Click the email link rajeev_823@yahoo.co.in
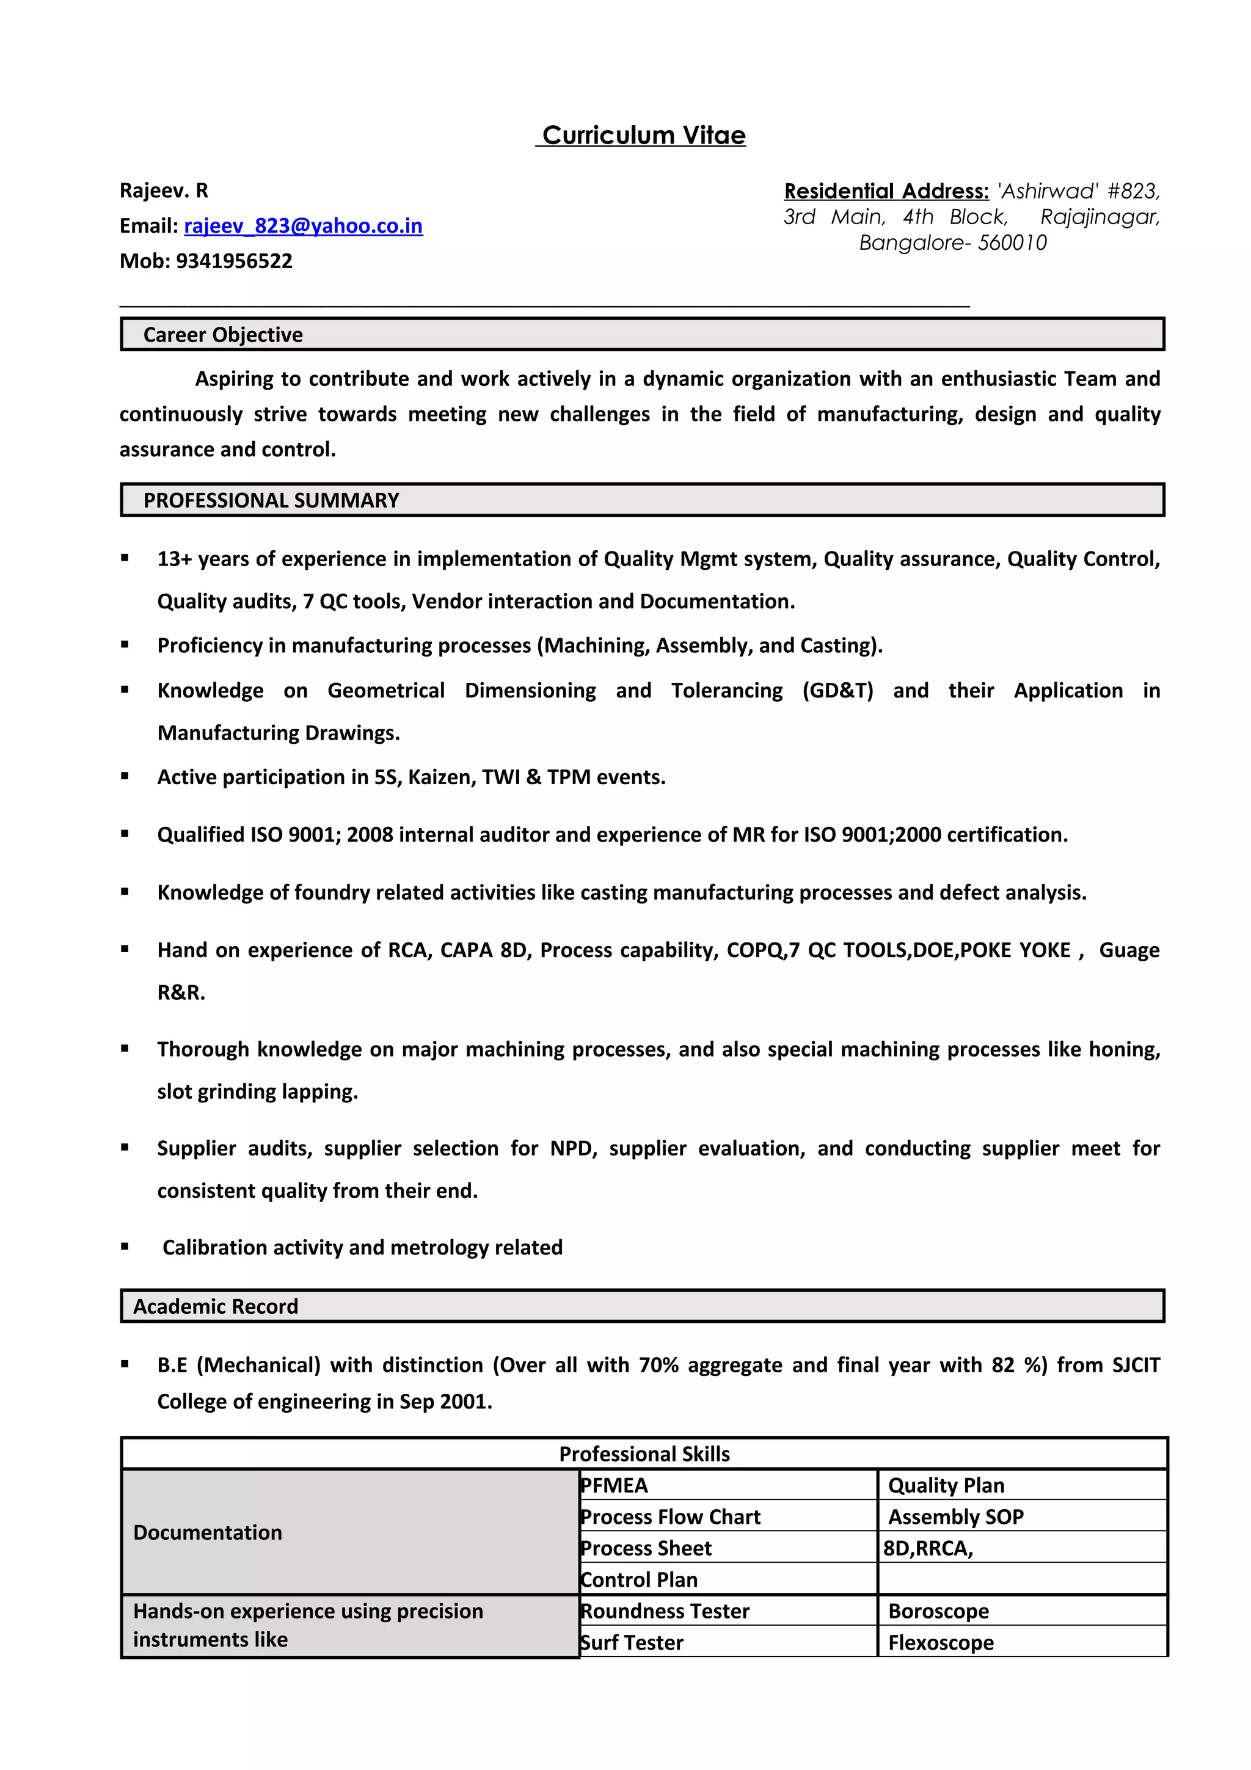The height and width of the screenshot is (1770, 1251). tap(303, 226)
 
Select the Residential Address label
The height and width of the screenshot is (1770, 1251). tap(886, 191)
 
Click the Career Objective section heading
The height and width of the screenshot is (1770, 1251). tap(223, 335)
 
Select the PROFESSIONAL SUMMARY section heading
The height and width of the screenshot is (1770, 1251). tap(271, 500)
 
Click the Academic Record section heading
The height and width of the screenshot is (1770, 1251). tap(215, 1306)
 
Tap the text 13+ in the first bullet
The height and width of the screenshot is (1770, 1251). tap(175, 559)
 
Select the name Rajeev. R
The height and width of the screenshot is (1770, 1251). tap(164, 191)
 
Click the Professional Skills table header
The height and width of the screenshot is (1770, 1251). tap(644, 1453)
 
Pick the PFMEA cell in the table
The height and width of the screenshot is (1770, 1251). tap(615, 1485)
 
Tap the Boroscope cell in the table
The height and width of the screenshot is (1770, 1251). tap(938, 1611)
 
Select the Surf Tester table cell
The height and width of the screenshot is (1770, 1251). tap(632, 1642)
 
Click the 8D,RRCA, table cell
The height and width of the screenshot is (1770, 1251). tap(928, 1548)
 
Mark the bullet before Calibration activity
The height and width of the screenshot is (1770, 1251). tap(125, 1247)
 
